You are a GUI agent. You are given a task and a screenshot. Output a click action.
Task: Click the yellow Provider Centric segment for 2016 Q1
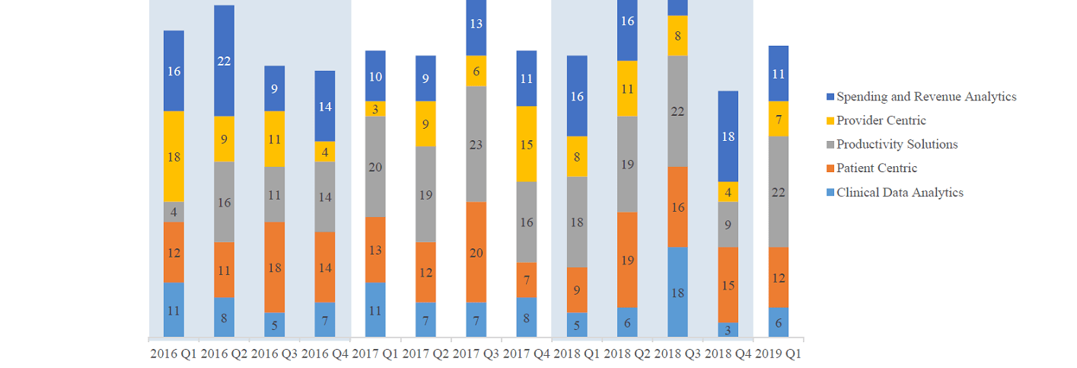click(x=174, y=156)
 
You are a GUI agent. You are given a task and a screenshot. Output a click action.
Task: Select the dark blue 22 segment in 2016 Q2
click(x=224, y=61)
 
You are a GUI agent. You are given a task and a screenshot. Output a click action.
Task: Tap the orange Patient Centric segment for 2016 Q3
click(x=274, y=267)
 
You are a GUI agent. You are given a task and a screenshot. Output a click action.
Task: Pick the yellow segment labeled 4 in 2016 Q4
click(x=324, y=152)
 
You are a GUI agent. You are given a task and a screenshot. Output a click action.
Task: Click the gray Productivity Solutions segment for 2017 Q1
click(x=374, y=167)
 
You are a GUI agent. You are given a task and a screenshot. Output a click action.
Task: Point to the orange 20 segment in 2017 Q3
click(x=476, y=252)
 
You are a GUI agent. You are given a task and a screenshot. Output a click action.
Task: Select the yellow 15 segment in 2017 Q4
click(x=526, y=144)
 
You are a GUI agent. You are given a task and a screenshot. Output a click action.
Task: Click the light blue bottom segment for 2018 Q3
click(x=677, y=292)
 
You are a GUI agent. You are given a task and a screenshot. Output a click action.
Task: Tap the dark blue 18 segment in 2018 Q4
click(x=728, y=136)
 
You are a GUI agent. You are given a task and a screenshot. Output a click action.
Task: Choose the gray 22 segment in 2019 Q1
click(x=778, y=192)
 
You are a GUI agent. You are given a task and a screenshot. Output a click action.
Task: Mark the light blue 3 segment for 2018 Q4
click(x=728, y=330)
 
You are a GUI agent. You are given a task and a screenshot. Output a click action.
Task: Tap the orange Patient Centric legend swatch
click(x=830, y=168)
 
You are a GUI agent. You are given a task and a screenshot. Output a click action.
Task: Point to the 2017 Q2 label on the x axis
click(x=425, y=354)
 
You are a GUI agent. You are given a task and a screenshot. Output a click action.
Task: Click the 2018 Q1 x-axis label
click(x=576, y=354)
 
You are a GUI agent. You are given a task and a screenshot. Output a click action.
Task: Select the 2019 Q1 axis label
click(x=778, y=354)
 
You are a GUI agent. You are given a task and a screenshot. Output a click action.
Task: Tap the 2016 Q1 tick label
click(x=174, y=354)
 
